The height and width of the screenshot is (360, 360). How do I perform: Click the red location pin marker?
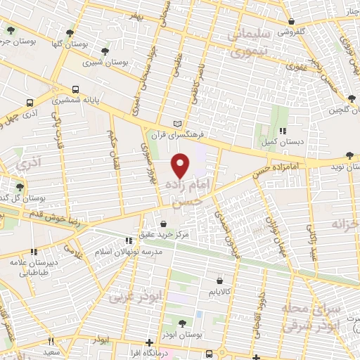click(181, 165)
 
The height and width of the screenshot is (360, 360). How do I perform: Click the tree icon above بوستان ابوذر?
click(182, 323)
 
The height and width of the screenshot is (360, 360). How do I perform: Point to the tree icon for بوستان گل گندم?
click(20, 186)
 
